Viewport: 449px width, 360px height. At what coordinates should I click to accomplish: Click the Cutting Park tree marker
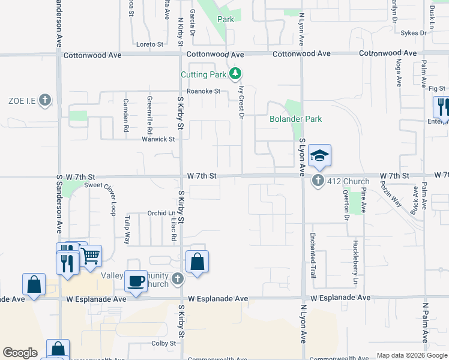(236, 74)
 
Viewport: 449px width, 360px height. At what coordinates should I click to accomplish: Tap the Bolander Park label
(296, 119)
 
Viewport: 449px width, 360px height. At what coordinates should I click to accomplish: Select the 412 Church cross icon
(318, 181)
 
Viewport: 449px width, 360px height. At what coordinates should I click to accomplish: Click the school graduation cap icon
(320, 155)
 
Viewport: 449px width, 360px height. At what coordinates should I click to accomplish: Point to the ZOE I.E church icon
(45, 100)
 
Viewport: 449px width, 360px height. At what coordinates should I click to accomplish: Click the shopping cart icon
(90, 256)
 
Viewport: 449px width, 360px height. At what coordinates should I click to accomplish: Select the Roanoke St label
(203, 91)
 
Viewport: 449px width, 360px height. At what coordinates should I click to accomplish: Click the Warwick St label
(158, 139)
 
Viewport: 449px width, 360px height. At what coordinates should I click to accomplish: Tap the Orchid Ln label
(161, 213)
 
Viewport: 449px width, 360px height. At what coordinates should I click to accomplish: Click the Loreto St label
(149, 44)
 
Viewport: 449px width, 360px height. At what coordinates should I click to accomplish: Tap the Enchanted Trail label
(313, 254)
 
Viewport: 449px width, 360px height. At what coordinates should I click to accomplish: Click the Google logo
(20, 353)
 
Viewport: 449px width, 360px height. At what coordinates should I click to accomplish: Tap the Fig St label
(436, 88)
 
